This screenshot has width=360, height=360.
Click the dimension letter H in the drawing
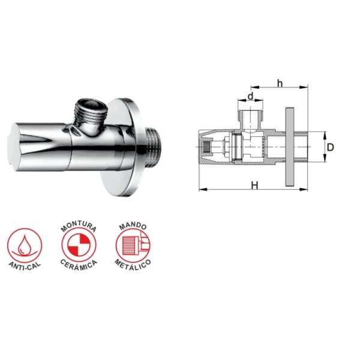(254, 185)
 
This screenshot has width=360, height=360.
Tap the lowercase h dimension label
(280, 83)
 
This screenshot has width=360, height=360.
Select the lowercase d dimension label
(250, 96)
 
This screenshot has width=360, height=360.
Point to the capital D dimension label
(330, 147)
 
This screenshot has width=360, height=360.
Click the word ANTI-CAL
(25, 267)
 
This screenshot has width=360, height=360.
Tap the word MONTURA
(79, 226)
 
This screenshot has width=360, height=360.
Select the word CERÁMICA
(79, 265)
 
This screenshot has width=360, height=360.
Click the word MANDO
(133, 226)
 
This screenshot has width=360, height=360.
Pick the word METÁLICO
(133, 265)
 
